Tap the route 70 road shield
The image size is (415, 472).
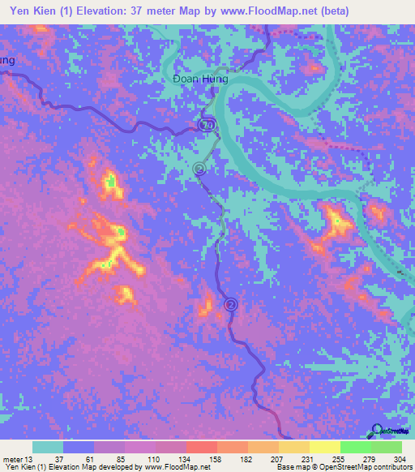pos(207,125)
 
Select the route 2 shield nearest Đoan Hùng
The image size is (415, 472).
pos(199,169)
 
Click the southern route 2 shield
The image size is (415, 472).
pos(231,305)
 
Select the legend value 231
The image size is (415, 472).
pos(296,460)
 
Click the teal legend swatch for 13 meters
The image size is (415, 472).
pos(48,447)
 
